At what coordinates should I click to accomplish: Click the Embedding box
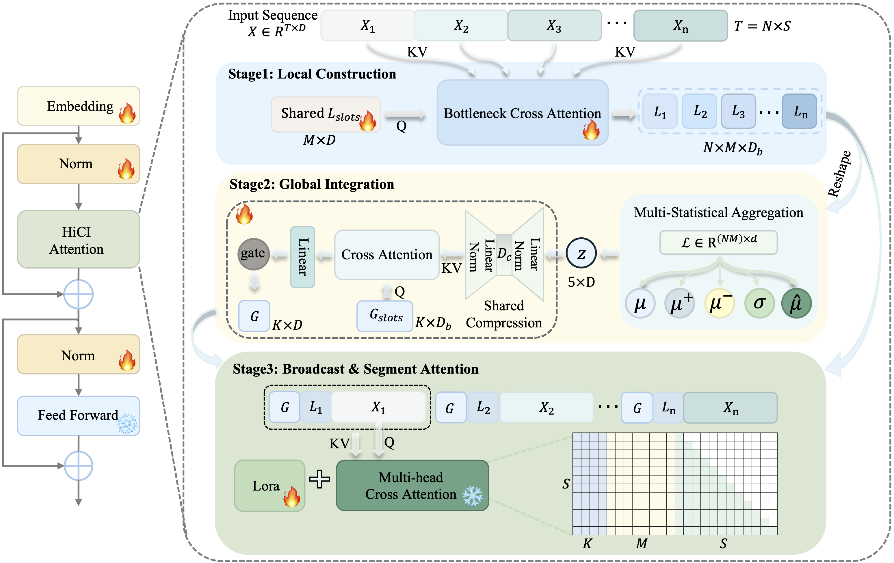78,106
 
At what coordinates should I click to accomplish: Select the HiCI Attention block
78,239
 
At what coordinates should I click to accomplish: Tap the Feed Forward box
78,416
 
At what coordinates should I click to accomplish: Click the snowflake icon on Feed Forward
127,424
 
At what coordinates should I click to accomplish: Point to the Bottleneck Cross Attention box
522,112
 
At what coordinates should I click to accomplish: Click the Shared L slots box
326,114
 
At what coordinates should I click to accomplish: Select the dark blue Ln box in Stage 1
799,111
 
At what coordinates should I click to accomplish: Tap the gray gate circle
254,254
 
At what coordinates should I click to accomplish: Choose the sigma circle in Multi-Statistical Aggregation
759,303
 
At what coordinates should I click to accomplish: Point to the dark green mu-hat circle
796,303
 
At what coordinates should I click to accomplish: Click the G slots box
385,316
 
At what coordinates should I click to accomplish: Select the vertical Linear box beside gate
303,257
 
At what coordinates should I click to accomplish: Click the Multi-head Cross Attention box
412,485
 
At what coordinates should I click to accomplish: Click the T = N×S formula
762,26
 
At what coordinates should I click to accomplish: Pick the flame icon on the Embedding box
127,113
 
